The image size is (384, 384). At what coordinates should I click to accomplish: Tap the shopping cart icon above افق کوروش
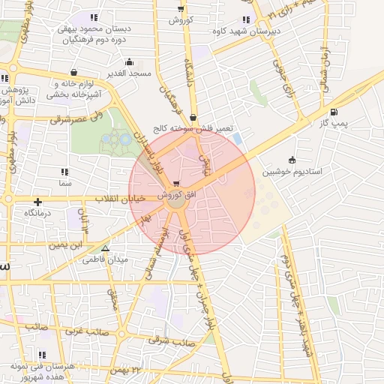pyautogui.click(x=175, y=184)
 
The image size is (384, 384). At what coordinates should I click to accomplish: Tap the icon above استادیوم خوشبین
pyautogui.click(x=291, y=160)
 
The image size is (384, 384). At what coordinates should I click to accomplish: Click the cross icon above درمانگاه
pyautogui.click(x=37, y=201)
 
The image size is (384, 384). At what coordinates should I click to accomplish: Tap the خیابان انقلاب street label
pyautogui.click(x=121, y=199)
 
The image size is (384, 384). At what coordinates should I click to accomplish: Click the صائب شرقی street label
pyautogui.click(x=172, y=341)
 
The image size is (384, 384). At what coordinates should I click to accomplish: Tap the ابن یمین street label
pyautogui.click(x=67, y=244)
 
